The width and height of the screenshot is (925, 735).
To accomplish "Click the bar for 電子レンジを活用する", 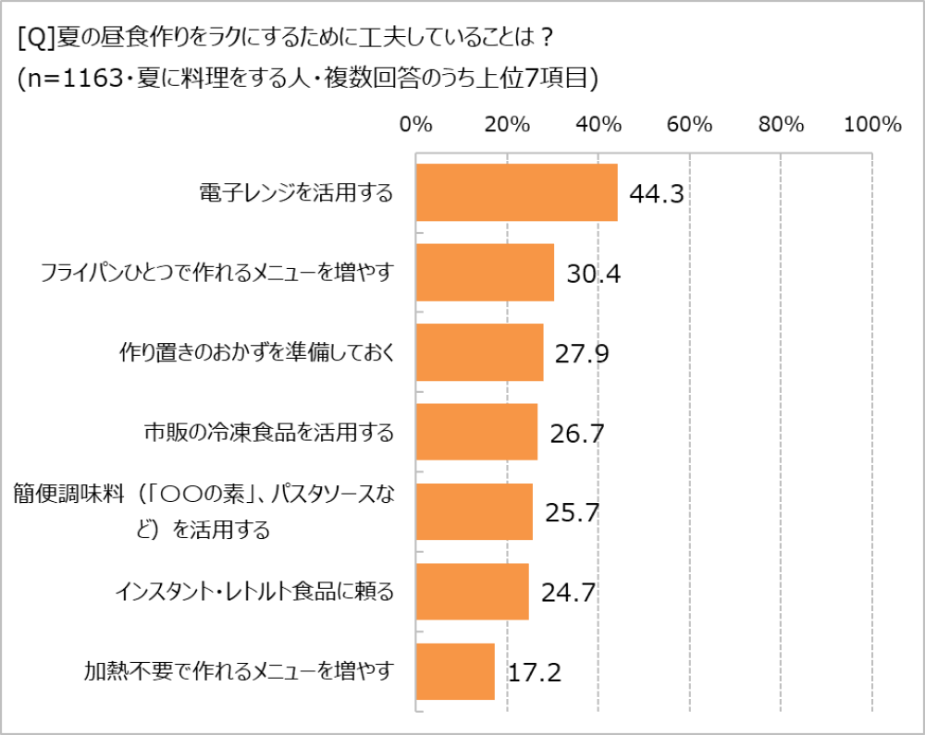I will [x=516, y=193].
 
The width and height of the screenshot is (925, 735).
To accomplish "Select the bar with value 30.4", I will [x=485, y=273].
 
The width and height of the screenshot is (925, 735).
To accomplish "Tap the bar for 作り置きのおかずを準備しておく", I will [x=479, y=352].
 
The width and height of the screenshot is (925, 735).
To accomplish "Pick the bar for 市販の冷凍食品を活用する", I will [x=476, y=432].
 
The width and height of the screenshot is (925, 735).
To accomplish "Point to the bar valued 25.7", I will [x=474, y=511].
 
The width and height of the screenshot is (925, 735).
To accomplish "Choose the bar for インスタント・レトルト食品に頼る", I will [x=472, y=592].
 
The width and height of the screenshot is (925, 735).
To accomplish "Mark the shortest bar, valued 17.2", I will [x=455, y=671].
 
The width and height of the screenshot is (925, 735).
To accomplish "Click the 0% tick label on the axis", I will [x=415, y=126].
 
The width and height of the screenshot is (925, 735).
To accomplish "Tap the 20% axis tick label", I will [x=507, y=126].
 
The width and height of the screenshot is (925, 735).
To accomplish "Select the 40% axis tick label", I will [x=598, y=126].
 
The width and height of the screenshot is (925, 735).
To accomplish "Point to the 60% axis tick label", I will [x=690, y=126].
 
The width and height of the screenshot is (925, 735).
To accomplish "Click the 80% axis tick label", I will [x=782, y=126].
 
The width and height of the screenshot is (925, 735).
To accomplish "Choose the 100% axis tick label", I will [x=872, y=126].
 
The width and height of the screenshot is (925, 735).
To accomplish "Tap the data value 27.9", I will [x=582, y=354].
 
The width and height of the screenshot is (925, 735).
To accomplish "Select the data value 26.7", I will [x=576, y=434].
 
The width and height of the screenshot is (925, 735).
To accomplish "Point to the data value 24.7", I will [x=567, y=594].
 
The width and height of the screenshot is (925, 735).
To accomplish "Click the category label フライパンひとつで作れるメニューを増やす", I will [x=217, y=273].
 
